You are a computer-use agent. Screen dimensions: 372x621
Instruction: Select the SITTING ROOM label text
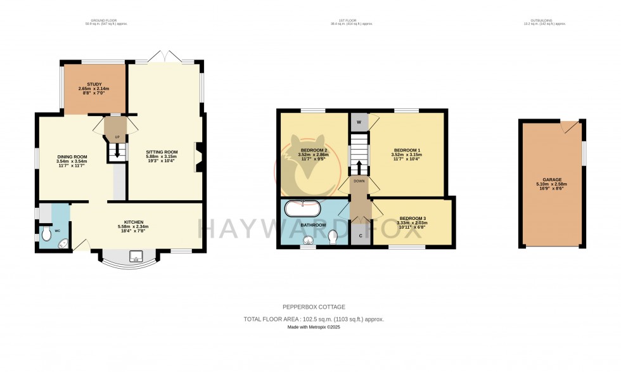[x=162, y=152]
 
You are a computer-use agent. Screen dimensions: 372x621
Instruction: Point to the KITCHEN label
[x=134, y=221]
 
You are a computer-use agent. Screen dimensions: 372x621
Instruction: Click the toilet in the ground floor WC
[x=46, y=235]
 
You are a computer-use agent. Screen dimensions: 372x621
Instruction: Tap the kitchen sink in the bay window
[x=135, y=257]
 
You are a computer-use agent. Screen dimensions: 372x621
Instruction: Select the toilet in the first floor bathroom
[x=334, y=236]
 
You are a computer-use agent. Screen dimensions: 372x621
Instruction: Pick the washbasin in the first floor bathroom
[x=309, y=240]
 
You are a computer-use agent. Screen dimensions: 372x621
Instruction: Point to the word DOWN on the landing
[x=359, y=181]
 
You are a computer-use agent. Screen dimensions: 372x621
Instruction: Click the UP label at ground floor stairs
[x=117, y=137]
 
